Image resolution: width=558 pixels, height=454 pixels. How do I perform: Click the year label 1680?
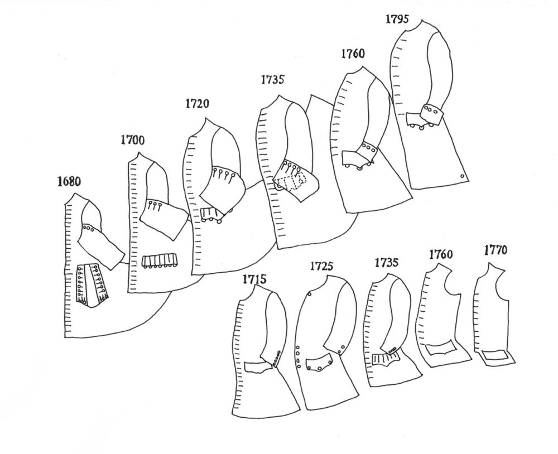(x=69, y=182)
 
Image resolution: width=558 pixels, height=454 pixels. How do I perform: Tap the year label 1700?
(x=133, y=140)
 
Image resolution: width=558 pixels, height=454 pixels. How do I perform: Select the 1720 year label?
(x=198, y=104)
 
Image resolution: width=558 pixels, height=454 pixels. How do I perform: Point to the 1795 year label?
(x=397, y=19)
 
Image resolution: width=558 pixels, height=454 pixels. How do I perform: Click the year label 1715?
(x=254, y=279)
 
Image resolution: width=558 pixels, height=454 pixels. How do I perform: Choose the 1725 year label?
(x=322, y=266)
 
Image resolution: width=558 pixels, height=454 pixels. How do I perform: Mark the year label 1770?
(x=496, y=250)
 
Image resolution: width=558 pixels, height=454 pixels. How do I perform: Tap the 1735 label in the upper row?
(x=273, y=79)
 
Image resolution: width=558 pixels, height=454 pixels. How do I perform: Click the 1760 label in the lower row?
(x=441, y=254)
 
